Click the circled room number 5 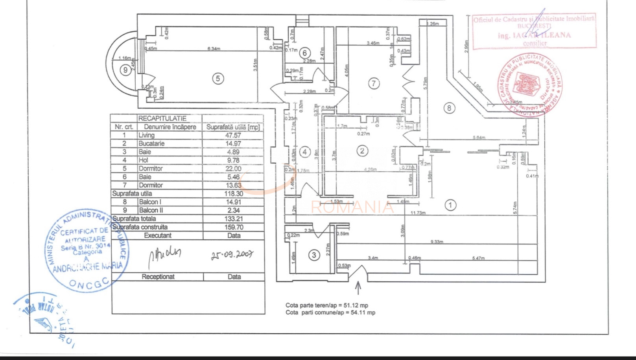pyautogui.click(x=218, y=79)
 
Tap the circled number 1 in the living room pyautogui.click(x=450, y=205)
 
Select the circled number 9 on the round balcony pyautogui.click(x=125, y=70)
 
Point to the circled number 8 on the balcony pyautogui.click(x=449, y=108)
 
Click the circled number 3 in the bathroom pyautogui.click(x=314, y=255)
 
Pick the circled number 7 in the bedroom pyautogui.click(x=374, y=83)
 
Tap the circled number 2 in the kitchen pyautogui.click(x=362, y=151)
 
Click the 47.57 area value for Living pyautogui.click(x=233, y=135)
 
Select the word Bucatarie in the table pyautogui.click(x=151, y=143)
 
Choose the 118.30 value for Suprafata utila pyautogui.click(x=234, y=193)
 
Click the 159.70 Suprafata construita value pyautogui.click(x=234, y=227)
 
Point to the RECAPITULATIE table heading pyautogui.click(x=162, y=118)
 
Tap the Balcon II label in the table pyautogui.click(x=151, y=210)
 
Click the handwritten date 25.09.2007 pyautogui.click(x=232, y=255)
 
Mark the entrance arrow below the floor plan pyautogui.click(x=358, y=288)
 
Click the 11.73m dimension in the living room pyautogui.click(x=418, y=213)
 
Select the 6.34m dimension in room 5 pyautogui.click(x=214, y=49)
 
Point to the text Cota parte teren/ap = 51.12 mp pyautogui.click(x=327, y=305)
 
